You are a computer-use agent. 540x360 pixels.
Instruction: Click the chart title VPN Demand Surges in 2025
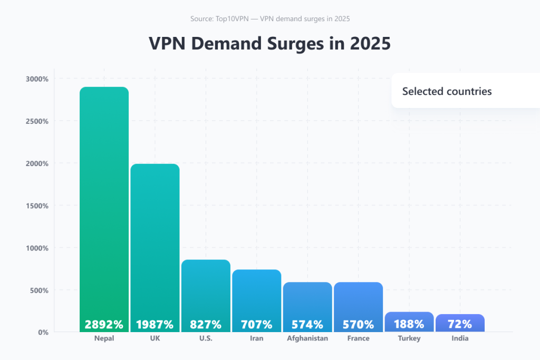point(269,44)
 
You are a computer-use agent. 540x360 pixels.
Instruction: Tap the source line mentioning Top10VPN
point(270,19)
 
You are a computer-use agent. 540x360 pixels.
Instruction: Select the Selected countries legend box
point(447,91)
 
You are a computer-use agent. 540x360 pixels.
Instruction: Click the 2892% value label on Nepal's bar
point(104,324)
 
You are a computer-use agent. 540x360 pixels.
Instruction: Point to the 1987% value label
point(155,324)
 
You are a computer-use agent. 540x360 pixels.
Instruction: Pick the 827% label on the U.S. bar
point(206,324)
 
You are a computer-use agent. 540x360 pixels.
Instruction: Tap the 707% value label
point(256,324)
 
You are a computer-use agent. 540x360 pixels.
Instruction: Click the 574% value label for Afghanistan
point(307,324)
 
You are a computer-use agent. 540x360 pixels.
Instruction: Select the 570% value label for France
point(358,324)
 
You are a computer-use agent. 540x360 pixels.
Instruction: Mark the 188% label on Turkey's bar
point(409,324)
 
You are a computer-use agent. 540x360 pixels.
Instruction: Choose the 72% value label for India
point(460,324)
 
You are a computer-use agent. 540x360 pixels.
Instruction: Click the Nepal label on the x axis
point(104,338)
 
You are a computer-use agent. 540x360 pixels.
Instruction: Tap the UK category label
point(155,338)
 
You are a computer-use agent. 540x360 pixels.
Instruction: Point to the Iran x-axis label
point(256,338)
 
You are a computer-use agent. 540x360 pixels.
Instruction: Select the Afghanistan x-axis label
point(307,338)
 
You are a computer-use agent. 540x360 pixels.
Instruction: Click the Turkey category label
point(409,338)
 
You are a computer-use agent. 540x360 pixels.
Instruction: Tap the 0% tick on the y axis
point(43,332)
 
